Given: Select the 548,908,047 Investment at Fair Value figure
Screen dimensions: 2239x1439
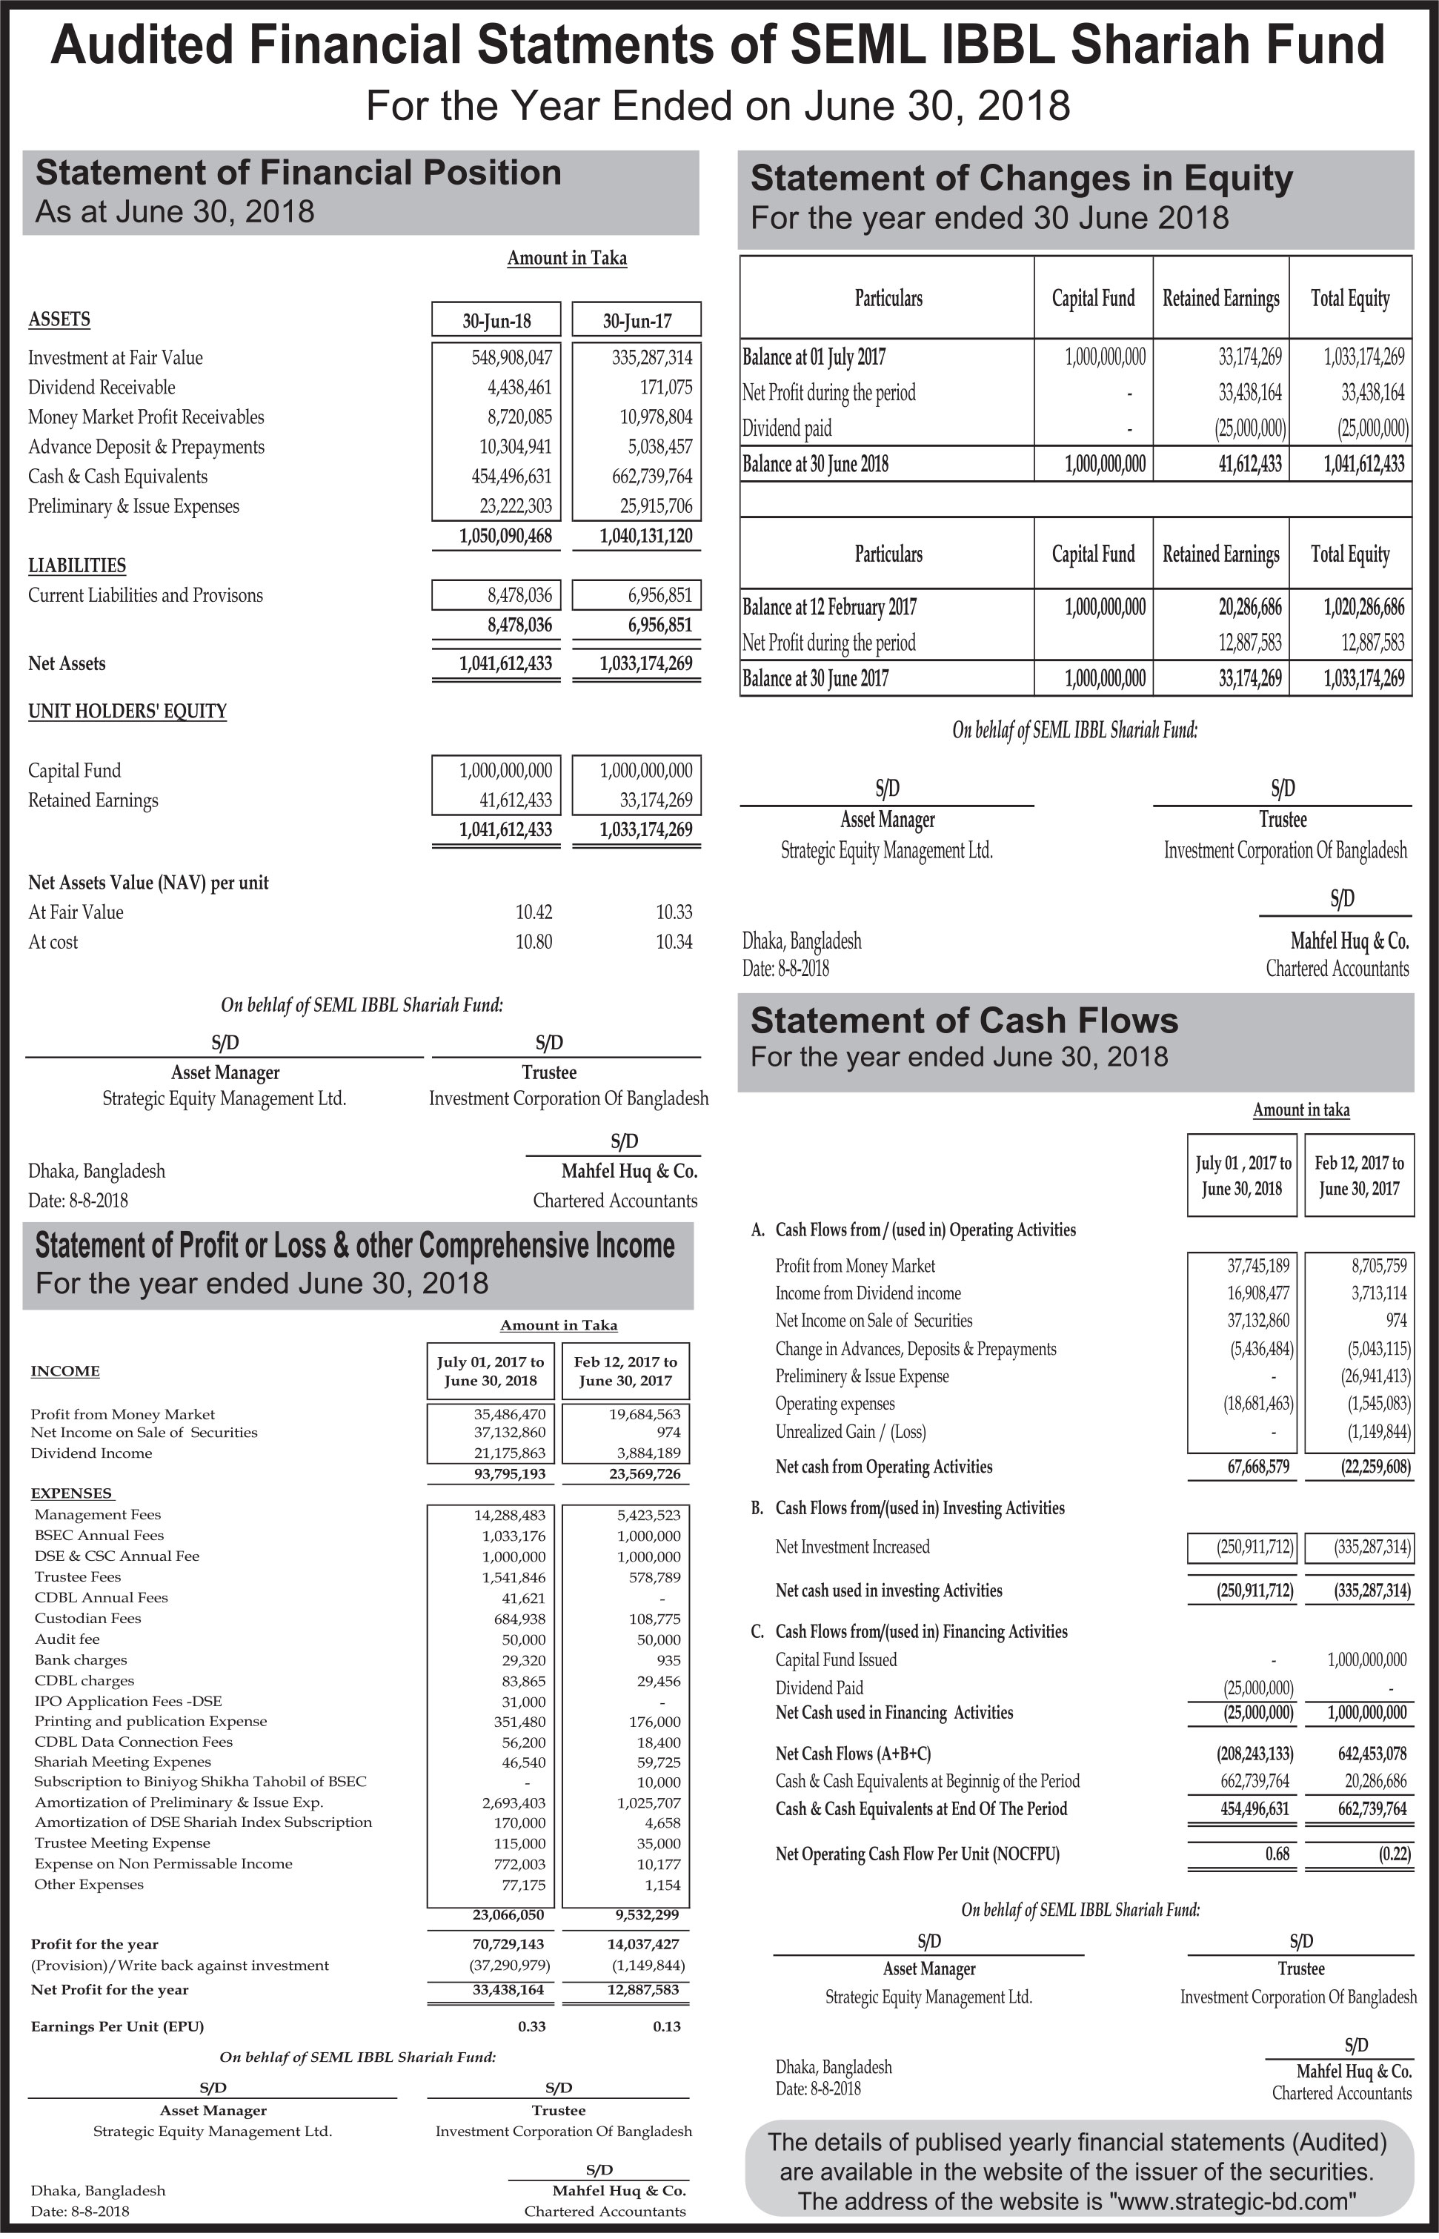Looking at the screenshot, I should [x=511, y=358].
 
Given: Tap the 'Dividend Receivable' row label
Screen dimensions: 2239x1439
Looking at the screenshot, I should [x=101, y=388].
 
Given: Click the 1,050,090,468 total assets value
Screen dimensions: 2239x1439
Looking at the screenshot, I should [x=505, y=537].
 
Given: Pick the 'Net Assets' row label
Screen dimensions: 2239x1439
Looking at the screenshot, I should [x=67, y=663].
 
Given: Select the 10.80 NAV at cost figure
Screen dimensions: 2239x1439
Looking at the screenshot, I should [x=534, y=942].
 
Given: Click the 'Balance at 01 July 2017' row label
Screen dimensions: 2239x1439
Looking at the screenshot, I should [x=814, y=357].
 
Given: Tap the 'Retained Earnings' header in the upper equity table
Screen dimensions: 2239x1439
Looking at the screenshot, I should [x=1220, y=298].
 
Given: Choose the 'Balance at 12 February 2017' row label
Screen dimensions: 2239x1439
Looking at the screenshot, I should [x=829, y=608].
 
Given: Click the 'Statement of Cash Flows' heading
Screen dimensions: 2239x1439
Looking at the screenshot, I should [x=963, y=1021].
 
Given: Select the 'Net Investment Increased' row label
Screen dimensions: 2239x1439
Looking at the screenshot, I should [x=852, y=1548].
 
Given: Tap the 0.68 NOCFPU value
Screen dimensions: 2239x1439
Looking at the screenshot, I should [x=1277, y=1855].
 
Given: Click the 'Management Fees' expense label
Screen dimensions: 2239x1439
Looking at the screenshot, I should [x=97, y=1515].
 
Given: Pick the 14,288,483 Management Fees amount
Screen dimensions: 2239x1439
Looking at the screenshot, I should [x=509, y=1516].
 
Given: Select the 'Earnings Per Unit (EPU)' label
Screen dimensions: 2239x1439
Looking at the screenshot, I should [x=117, y=2027].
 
